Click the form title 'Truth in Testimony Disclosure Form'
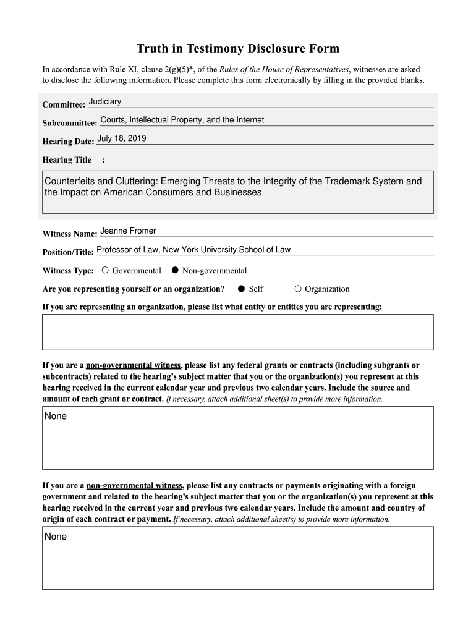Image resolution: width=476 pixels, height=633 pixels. tap(238, 49)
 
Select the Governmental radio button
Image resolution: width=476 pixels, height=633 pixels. tap(106, 270)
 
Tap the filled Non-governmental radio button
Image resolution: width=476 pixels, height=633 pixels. tap(175, 270)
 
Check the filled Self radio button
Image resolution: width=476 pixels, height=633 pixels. tap(242, 289)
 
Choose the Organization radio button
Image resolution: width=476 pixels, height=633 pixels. tap(298, 289)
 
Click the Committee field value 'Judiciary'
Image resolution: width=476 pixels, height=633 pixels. tap(105, 101)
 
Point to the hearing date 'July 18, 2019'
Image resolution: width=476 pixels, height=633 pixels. tap(122, 138)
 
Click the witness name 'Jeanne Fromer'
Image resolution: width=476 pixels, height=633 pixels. tap(128, 231)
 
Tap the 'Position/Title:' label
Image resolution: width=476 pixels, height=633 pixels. tap(68, 252)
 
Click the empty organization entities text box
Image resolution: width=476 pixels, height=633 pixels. tap(237, 332)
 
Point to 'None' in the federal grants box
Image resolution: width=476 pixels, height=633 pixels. tap(56, 417)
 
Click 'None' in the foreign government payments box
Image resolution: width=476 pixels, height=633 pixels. tap(56, 537)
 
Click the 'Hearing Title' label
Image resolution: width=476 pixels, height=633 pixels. tap(67, 160)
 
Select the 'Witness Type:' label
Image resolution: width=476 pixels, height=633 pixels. tap(68, 271)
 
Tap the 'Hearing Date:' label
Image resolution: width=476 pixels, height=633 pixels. tap(68, 142)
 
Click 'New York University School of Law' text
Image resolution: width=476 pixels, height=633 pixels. tap(226, 250)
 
